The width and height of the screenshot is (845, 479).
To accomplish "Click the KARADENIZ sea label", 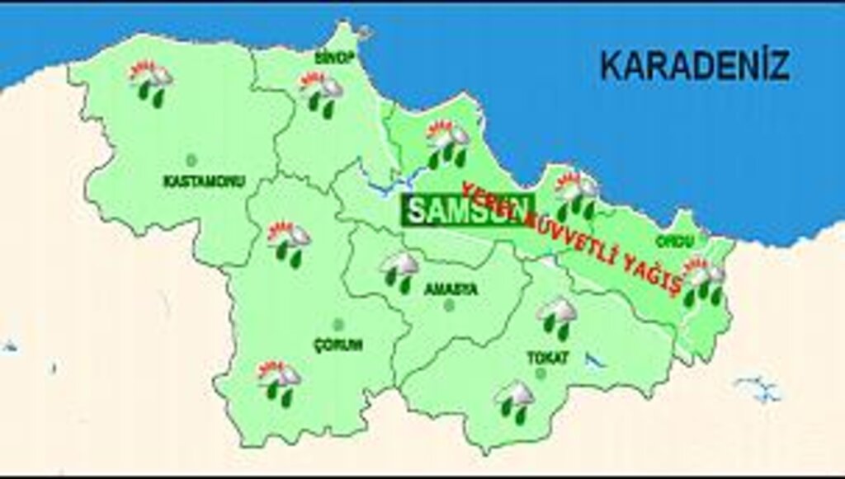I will pyautogui.click(x=694, y=65).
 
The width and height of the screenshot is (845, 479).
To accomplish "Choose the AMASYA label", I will pyautogui.click(x=451, y=289).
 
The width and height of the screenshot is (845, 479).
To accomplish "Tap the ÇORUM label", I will pyautogui.click(x=338, y=345).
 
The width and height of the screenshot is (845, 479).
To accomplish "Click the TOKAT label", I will pyautogui.click(x=547, y=358).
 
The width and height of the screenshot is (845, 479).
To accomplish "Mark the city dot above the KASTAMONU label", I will pyautogui.click(x=191, y=159).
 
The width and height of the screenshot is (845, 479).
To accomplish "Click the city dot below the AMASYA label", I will pyautogui.click(x=449, y=305).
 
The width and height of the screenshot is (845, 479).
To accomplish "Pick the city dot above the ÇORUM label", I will pyautogui.click(x=337, y=325).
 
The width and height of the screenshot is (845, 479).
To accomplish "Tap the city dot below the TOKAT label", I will pyautogui.click(x=541, y=373).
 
